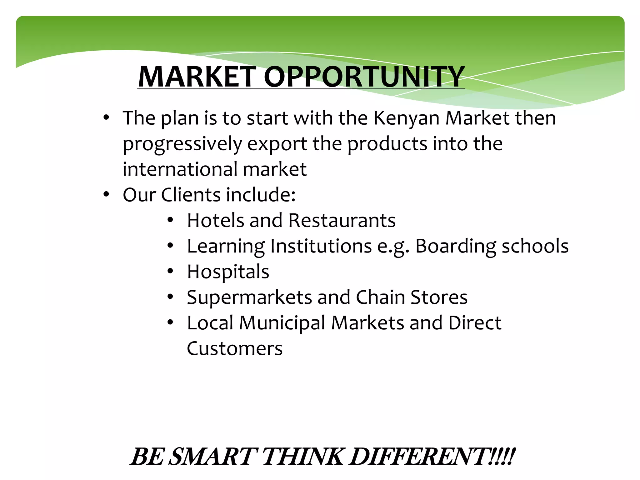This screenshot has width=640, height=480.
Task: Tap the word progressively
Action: (182, 144)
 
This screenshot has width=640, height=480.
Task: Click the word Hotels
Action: (215, 220)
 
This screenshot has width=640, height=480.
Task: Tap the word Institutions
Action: (321, 246)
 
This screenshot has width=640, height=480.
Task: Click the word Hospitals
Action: (228, 272)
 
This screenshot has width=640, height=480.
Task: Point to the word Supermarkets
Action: (249, 297)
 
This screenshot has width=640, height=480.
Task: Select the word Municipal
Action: (282, 323)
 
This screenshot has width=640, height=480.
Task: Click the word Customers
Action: (235, 348)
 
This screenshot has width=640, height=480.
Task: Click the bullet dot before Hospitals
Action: (170, 271)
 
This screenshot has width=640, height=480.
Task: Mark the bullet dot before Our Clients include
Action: (106, 194)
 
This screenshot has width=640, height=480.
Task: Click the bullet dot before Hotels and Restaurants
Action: (170, 220)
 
